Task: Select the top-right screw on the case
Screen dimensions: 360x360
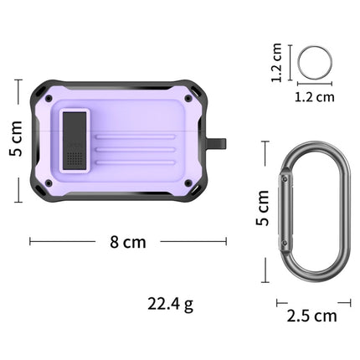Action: pos(188,98)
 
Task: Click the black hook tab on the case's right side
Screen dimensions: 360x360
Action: pos(221,143)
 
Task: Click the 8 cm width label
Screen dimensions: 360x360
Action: pos(128,242)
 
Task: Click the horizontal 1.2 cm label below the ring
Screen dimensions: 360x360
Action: pos(315,96)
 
